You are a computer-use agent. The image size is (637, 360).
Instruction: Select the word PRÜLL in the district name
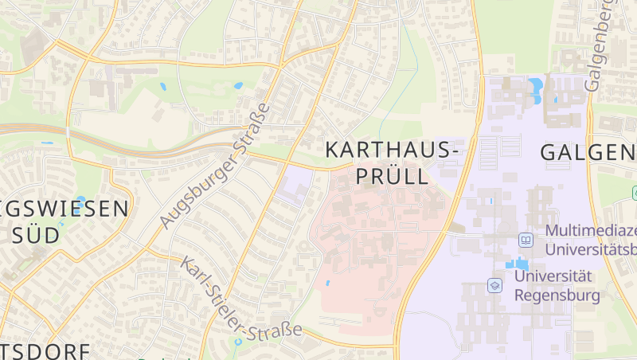pos(391,175)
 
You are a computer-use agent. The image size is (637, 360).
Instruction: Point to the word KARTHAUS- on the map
pos(392,150)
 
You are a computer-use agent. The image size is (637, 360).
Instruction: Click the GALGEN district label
pos(588,152)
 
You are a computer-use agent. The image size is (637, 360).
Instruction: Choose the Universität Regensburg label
pos(555,285)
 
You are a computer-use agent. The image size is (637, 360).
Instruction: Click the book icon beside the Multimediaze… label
pos(526,239)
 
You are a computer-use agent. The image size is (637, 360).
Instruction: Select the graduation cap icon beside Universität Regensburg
pos(495,284)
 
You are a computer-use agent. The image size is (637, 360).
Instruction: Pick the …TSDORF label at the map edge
pos(32,350)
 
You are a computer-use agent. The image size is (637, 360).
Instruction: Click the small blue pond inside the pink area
pos(327,283)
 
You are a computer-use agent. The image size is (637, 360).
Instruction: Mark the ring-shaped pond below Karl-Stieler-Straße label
pos(237,342)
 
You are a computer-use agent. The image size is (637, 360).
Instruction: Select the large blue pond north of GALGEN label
pos(535,84)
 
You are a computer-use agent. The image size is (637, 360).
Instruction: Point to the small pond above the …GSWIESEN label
pos(80,200)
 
